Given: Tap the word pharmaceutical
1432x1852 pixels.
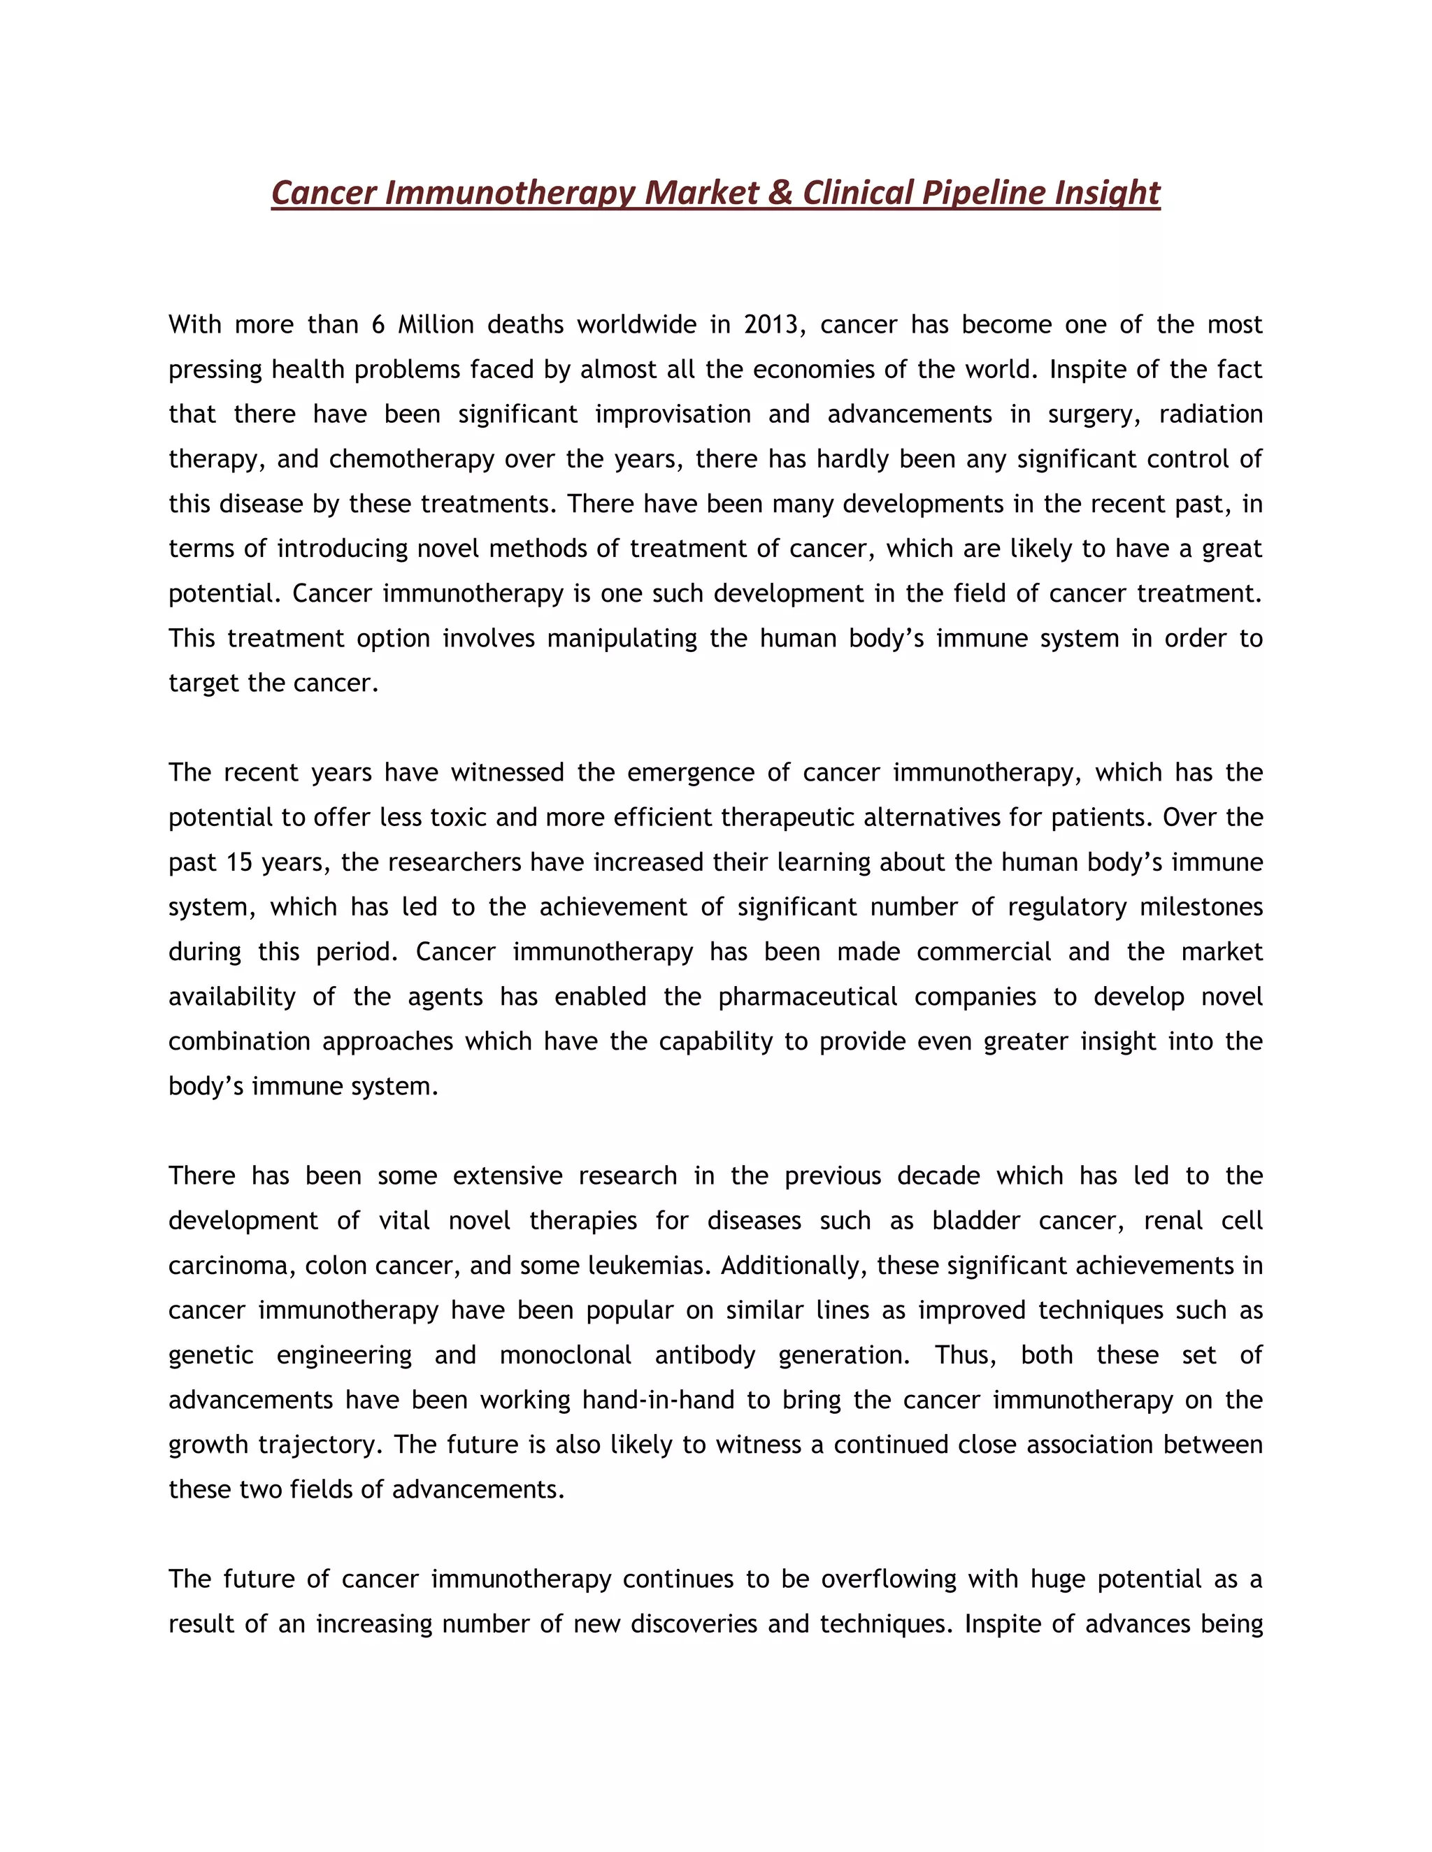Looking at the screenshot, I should [x=808, y=997].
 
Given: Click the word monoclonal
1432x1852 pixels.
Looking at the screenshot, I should [x=565, y=1355].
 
